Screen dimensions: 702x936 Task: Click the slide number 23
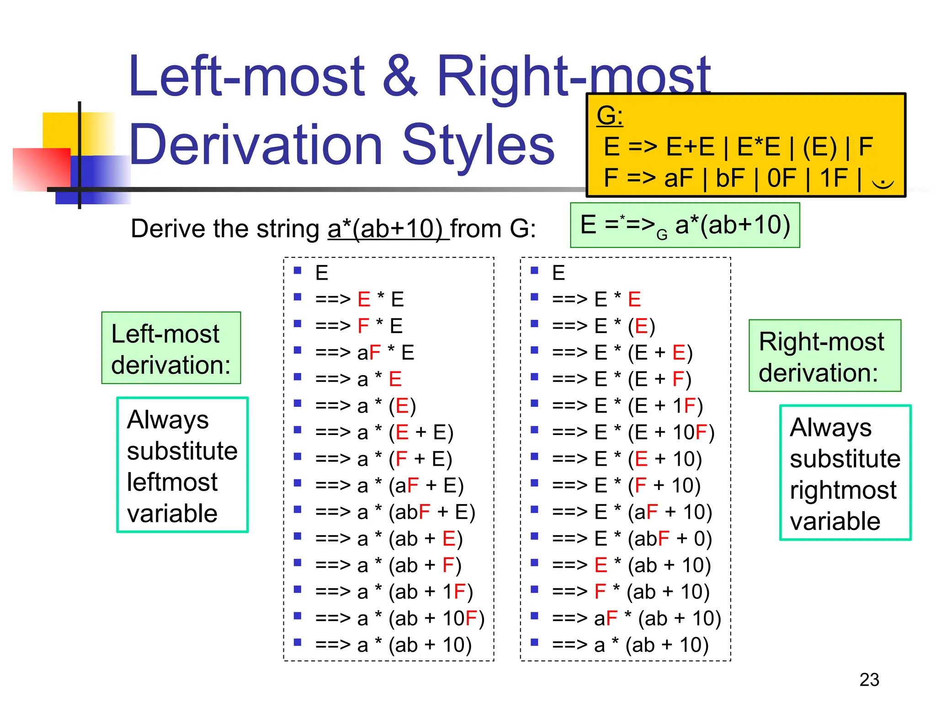[869, 680]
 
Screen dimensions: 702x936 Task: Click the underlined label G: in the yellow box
[609, 115]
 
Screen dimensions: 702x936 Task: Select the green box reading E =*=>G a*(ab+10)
[685, 225]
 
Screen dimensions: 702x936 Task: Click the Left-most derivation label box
[171, 348]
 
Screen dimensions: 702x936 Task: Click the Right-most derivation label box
[824, 356]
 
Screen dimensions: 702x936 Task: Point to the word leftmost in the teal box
[172, 482]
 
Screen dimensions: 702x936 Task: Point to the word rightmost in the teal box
[843, 490]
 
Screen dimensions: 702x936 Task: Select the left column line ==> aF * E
[364, 352]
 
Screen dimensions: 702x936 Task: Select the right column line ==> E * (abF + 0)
[632, 538]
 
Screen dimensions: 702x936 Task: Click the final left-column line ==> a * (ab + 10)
[393, 645]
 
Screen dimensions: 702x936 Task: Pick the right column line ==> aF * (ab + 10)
[636, 618]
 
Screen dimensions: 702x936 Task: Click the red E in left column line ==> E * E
[364, 299]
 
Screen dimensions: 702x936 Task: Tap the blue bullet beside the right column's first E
[534, 271]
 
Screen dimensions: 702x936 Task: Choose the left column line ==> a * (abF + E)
[395, 512]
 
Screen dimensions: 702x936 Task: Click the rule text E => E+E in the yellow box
[659, 147]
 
